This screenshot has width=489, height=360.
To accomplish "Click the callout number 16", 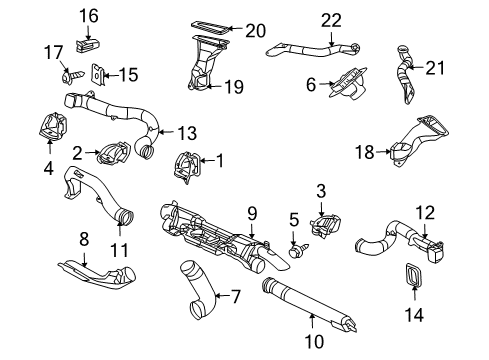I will [x=90, y=15].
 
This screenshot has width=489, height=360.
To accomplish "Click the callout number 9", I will [x=252, y=212].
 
